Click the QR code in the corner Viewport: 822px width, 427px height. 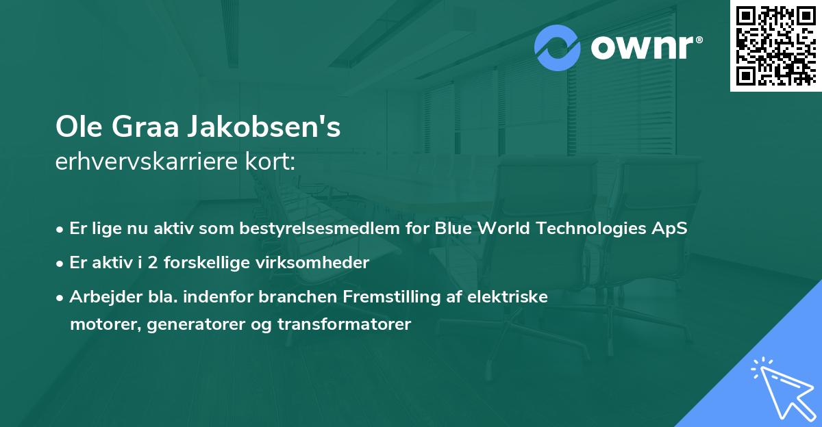[x=775, y=46]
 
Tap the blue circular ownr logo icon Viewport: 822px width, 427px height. [x=558, y=48]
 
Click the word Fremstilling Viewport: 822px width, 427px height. [x=393, y=296]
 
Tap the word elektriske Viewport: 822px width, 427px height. [x=514, y=296]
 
